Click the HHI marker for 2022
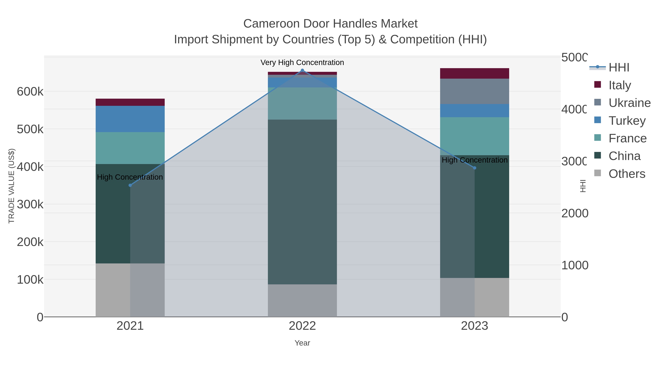[x=302, y=70]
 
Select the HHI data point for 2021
[x=130, y=185]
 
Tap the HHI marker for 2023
[x=474, y=168]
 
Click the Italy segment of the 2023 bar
[x=474, y=73]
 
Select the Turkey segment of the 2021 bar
[x=130, y=119]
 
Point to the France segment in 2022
[x=302, y=103]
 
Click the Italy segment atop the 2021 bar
[x=130, y=102]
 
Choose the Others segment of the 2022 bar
[x=302, y=300]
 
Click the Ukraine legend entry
[x=629, y=103]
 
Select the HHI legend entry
[x=619, y=68]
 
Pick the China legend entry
[x=624, y=156]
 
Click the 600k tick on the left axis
[x=30, y=92]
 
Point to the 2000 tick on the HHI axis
[x=575, y=213]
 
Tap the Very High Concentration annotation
[x=302, y=62]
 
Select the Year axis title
[x=302, y=343]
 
